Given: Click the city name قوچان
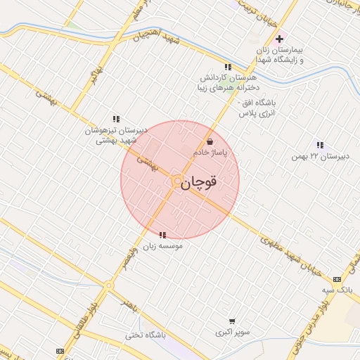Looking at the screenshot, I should point(200,183).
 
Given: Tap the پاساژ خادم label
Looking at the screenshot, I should point(210,153).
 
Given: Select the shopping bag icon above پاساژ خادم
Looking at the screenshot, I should point(210,142).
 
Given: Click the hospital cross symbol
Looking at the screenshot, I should point(280,39).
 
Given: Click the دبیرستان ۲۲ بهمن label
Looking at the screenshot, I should point(319,156).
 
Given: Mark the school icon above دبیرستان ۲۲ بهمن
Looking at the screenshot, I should point(320,145).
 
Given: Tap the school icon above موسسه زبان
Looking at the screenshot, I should point(162,235).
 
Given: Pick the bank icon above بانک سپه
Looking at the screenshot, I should point(336,279).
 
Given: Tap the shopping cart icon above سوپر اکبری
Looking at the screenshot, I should point(232,320).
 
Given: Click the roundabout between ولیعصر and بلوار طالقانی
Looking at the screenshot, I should point(108,285).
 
